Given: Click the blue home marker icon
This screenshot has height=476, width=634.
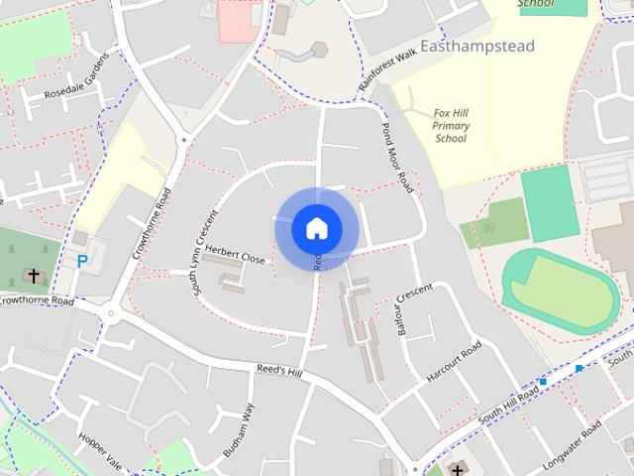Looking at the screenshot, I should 316,229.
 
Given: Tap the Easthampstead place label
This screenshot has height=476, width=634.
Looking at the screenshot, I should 476,47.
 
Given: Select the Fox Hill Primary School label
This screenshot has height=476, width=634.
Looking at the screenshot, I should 451,126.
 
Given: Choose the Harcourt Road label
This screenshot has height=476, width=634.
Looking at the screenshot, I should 454,363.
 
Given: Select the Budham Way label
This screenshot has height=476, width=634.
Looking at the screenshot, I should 239,431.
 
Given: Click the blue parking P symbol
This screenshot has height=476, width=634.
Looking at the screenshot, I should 83,262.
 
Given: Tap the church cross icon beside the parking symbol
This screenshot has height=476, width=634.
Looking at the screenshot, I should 34,274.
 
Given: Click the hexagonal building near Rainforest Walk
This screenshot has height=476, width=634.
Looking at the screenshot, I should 319,50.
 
